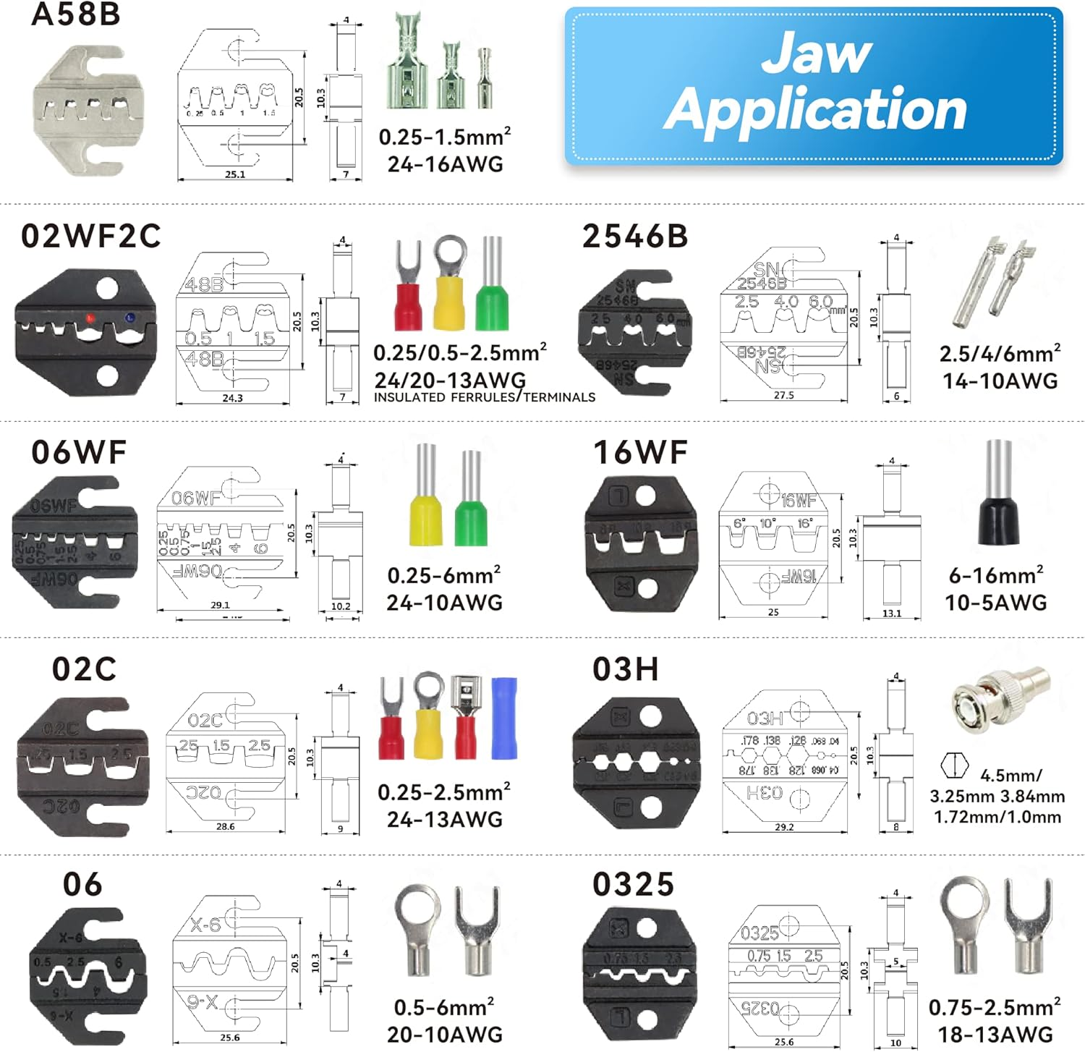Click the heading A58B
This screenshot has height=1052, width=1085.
tap(75, 15)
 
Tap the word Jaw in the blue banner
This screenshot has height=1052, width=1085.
tap(817, 53)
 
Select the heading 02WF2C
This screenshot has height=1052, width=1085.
tap(91, 237)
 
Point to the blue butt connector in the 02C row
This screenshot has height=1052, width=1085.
tap(504, 718)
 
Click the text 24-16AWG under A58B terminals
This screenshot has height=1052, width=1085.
tap(445, 164)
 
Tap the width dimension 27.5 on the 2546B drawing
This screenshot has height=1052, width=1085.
tap(783, 395)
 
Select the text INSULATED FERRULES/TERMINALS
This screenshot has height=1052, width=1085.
tap(484, 397)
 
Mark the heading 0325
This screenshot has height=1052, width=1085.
tap(633, 885)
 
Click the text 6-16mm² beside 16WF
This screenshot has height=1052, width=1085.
tap(996, 575)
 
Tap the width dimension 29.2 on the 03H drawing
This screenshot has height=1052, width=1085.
tap(784, 826)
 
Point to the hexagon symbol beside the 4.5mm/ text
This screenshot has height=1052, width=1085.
tap(954, 765)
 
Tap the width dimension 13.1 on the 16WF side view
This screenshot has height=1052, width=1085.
tap(892, 614)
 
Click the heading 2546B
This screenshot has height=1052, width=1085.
tap(635, 237)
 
